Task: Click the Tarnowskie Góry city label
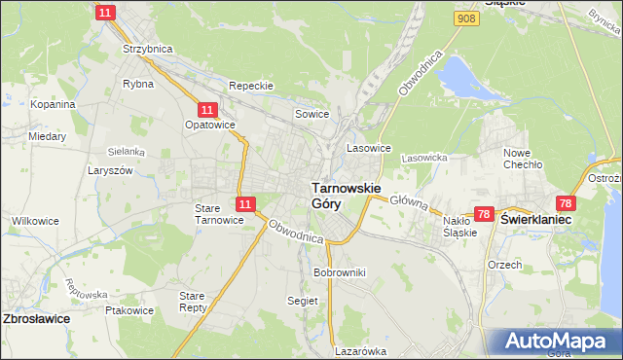[345, 195]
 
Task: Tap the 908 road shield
[466, 18]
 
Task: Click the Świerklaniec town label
[535, 220]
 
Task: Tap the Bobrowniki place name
[339, 272]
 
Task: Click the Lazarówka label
[360, 351]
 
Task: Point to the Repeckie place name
[251, 86]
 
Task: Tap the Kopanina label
[53, 103]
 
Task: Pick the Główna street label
[409, 200]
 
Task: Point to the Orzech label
[506, 264]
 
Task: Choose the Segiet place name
[303, 301]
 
